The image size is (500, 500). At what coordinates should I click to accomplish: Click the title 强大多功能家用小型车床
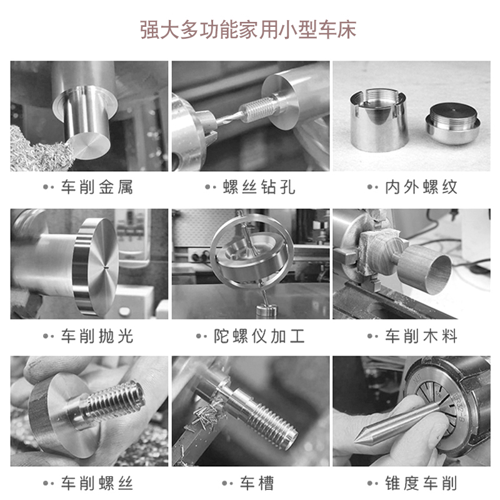pyautogui.click(x=248, y=29)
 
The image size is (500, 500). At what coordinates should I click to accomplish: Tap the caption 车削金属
pyautogui.click(x=97, y=187)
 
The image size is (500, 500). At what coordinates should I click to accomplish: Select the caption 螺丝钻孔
pyautogui.click(x=259, y=187)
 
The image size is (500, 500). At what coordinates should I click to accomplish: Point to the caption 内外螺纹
pyautogui.click(x=421, y=187)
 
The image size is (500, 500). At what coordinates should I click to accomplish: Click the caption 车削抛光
pyautogui.click(x=97, y=336)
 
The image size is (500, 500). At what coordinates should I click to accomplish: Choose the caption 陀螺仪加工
pyautogui.click(x=259, y=336)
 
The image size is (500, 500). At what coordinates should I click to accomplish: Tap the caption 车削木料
pyautogui.click(x=421, y=336)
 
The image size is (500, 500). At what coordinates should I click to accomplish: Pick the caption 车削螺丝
pyautogui.click(x=97, y=483)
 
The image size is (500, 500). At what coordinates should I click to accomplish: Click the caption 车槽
pyautogui.click(x=257, y=483)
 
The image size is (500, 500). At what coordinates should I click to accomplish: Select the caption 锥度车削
pyautogui.click(x=421, y=483)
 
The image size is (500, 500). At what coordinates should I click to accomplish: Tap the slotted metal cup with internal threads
pyautogui.click(x=379, y=121)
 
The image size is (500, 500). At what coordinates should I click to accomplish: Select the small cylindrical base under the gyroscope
pyautogui.click(x=267, y=311)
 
